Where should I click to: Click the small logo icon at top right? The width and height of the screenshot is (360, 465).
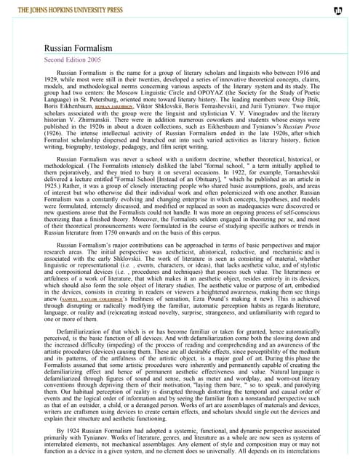(x=337, y=11)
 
